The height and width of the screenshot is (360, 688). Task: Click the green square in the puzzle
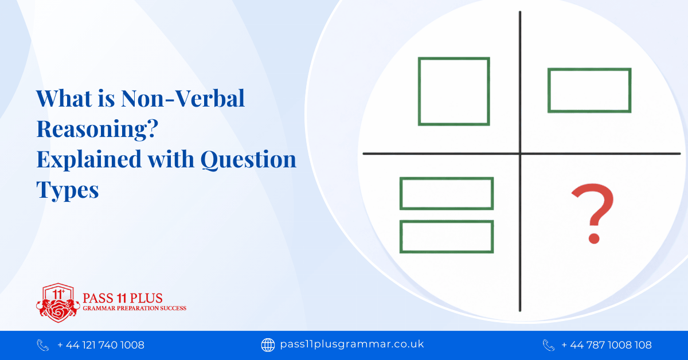tap(454, 91)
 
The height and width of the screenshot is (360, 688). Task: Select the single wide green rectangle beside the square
tap(589, 91)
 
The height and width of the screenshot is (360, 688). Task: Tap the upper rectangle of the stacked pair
tap(447, 194)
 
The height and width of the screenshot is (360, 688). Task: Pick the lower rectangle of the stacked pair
tap(447, 236)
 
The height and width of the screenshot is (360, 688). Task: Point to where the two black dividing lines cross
tap(520, 153)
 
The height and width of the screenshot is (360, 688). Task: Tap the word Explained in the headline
tap(84, 159)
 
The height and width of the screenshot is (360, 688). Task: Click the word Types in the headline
tap(68, 189)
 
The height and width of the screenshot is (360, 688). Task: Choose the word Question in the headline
tap(248, 159)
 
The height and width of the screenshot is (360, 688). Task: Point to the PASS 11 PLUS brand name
tap(123, 298)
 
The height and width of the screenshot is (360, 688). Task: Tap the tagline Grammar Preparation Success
tap(134, 308)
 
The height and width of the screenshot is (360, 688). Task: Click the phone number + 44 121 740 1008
tap(101, 345)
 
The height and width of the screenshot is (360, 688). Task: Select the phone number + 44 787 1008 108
tap(607, 345)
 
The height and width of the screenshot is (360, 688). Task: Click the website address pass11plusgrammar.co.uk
tap(351, 345)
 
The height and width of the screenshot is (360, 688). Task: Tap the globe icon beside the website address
tap(268, 345)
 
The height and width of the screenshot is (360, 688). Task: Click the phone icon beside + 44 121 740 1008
tap(43, 345)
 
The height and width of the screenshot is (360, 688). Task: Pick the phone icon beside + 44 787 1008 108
tap(549, 345)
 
